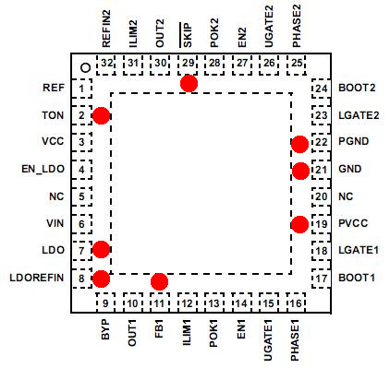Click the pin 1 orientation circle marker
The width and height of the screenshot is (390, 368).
[x=85, y=67]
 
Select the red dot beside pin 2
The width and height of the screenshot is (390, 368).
[x=101, y=115]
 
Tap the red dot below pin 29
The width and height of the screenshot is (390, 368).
[x=189, y=83]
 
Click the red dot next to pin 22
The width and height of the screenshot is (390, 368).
[x=299, y=144]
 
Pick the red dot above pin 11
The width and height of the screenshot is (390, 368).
[x=159, y=281]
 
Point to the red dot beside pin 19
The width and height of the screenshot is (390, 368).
[x=299, y=224]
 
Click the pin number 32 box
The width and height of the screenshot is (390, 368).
[x=106, y=65]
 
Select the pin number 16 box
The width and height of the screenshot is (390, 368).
[x=296, y=303]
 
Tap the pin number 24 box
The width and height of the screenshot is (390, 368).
[x=321, y=89]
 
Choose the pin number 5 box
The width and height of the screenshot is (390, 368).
[x=81, y=196]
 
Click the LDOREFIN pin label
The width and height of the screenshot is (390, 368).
[x=37, y=278]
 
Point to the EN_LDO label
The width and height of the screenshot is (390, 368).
[x=43, y=170]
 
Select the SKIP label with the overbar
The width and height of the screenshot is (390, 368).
[x=186, y=35]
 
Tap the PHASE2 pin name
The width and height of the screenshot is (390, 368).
[x=297, y=26]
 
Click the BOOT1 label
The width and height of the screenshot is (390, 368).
[x=357, y=278]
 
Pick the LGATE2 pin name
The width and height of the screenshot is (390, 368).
[x=359, y=115]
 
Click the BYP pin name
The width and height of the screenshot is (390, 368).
[x=105, y=329]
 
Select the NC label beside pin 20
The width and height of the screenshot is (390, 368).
[x=346, y=196]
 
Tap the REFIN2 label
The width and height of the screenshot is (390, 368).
[x=106, y=29]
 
